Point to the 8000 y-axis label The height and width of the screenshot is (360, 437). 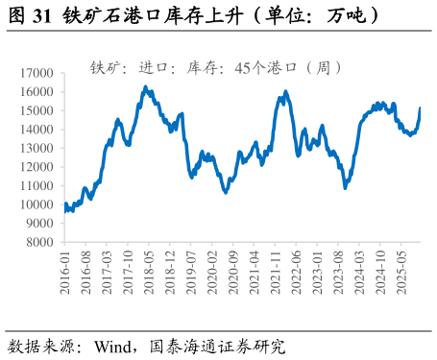38,242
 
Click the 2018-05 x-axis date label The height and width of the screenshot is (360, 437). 150,273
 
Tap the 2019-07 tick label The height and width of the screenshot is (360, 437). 191,273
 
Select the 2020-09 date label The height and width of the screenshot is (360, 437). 233,273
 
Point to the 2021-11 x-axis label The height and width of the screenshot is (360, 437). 276,273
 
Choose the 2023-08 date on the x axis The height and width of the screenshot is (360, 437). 338,273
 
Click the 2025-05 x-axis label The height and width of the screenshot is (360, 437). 401,273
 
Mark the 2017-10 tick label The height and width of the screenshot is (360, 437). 129,273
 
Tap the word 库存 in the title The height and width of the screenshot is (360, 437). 202,68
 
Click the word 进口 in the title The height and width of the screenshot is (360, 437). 153,68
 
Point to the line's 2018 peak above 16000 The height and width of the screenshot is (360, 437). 145,87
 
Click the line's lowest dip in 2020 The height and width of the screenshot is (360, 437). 226,192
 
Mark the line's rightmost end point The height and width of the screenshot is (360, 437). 420,108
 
